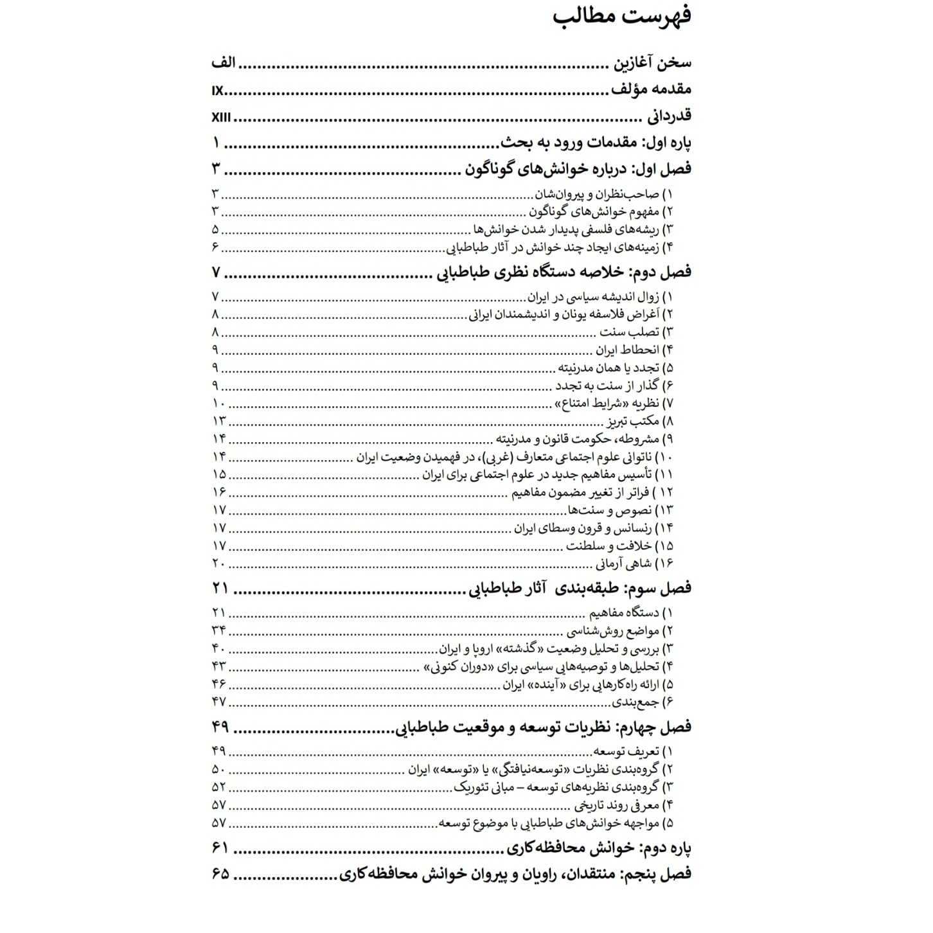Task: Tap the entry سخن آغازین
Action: click(651, 63)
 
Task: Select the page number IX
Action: click(217, 91)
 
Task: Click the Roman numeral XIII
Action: click(221, 118)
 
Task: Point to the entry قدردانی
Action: click(669, 116)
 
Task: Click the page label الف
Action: click(223, 63)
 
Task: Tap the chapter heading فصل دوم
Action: click(564, 272)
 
